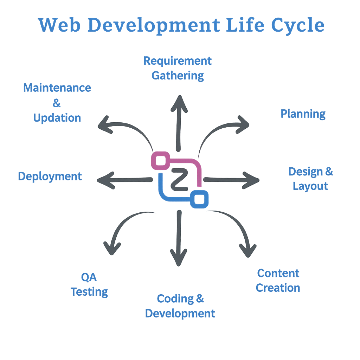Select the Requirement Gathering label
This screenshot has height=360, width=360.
[x=178, y=68]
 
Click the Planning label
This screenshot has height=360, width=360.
[x=303, y=114]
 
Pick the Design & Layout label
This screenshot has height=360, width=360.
[x=310, y=179]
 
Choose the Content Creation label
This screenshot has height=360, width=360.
[x=278, y=281]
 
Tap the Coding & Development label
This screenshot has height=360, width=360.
[x=180, y=306]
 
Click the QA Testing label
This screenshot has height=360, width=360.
[x=89, y=284]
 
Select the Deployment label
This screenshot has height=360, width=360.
[x=50, y=176]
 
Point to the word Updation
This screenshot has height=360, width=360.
[x=57, y=118]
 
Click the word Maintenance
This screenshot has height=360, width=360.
[x=57, y=88]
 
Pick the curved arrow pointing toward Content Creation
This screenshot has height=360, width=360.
[x=236, y=229]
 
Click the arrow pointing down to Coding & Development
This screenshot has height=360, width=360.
[x=179, y=239]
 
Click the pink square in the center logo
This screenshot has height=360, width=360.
[x=160, y=161]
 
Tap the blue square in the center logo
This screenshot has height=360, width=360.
[x=199, y=199]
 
